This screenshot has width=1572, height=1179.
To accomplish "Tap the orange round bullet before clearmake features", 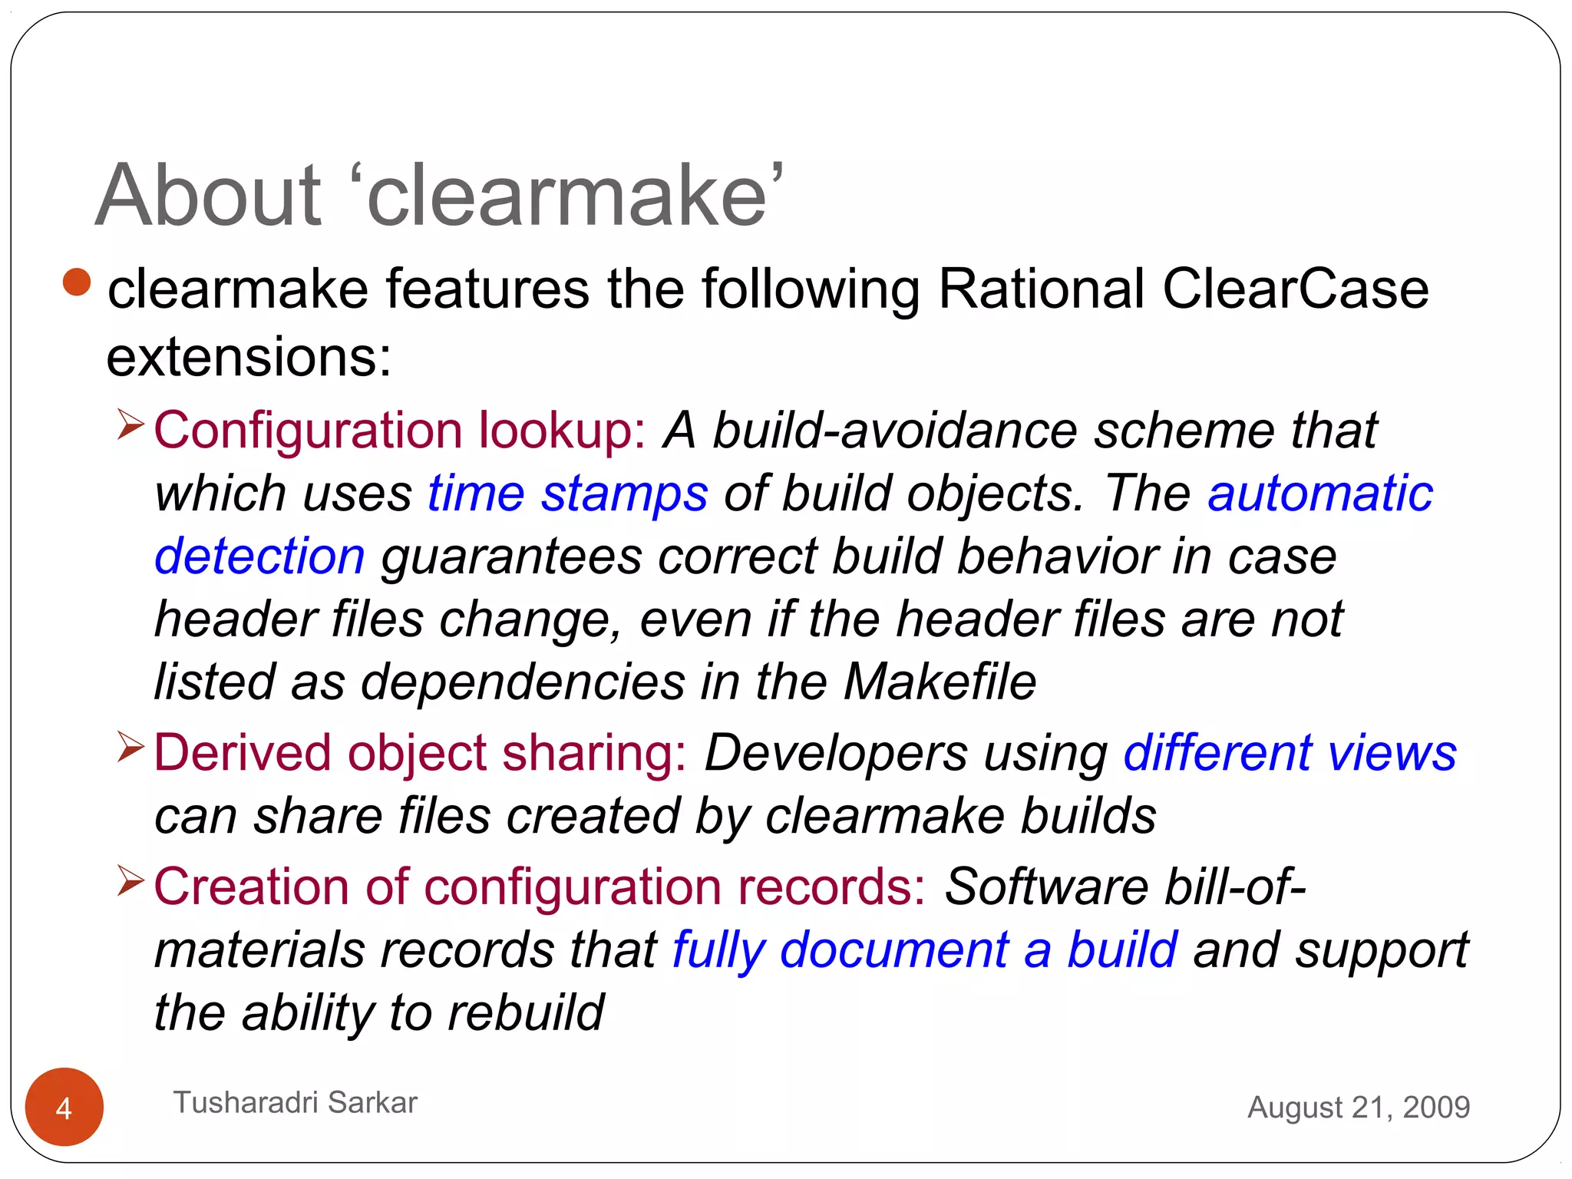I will [77, 282].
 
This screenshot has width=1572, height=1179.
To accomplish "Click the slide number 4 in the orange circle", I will [64, 1108].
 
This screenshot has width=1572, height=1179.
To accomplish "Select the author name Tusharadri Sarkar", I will [296, 1102].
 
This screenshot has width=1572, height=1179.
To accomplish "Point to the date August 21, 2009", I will [1359, 1107].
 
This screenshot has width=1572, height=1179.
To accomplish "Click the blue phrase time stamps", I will [568, 493].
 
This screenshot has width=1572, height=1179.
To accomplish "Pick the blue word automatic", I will [1320, 493].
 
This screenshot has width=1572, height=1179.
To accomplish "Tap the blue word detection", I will [259, 556].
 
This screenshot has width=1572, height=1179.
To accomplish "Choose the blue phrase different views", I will [1290, 752].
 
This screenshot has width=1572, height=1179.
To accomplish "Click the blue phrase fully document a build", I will [925, 949].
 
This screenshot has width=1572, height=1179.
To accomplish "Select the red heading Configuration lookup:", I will [400, 430].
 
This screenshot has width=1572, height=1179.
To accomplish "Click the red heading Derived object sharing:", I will [421, 752].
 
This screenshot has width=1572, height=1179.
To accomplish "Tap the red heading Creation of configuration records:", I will [540, 887].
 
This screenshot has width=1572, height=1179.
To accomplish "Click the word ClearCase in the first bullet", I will [1296, 289].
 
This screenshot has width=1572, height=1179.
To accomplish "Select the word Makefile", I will [940, 682].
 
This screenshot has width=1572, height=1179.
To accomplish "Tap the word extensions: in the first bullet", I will [249, 358].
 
